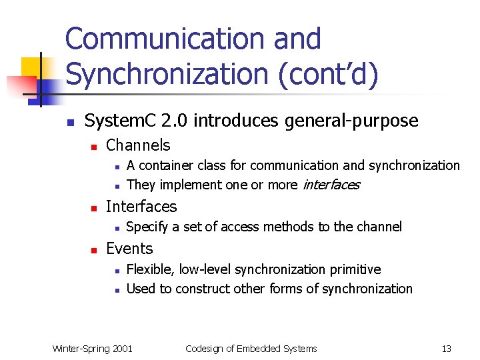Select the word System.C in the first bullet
(x=121, y=121)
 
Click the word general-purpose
(x=361, y=121)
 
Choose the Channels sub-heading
(x=138, y=145)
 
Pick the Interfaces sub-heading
(x=141, y=207)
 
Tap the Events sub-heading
(x=129, y=249)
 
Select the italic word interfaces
(x=331, y=185)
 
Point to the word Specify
(x=147, y=227)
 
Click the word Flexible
(x=149, y=269)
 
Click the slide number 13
(x=446, y=348)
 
